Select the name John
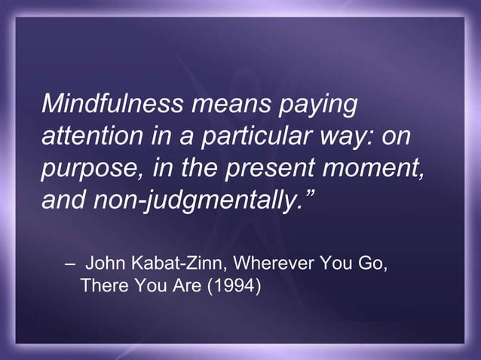107,265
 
